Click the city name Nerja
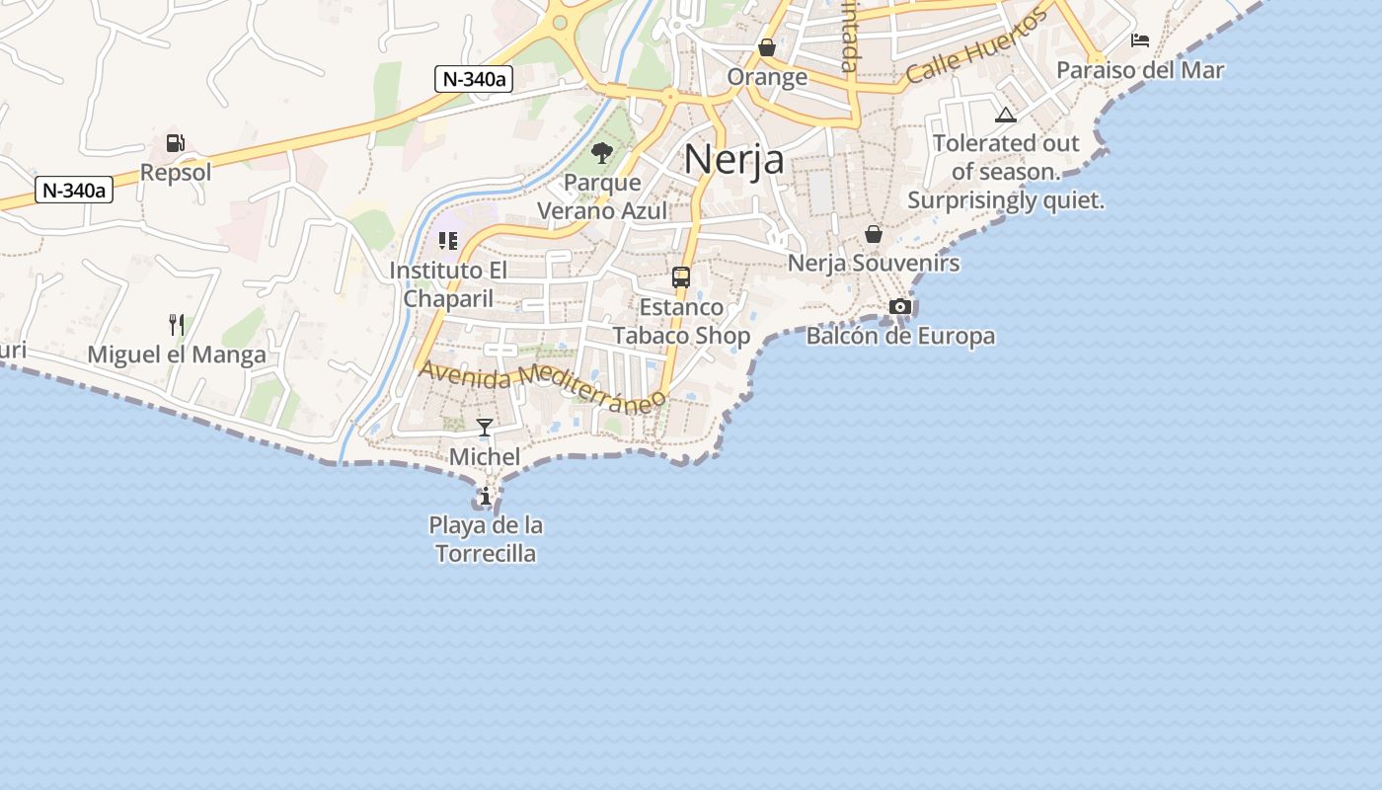734,159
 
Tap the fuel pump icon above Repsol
176,143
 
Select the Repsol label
176,173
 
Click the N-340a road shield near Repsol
74,190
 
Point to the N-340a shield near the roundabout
474,79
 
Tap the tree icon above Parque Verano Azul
602,153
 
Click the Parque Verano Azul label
602,197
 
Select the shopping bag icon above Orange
767,47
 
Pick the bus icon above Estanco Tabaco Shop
681,277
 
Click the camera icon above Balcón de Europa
900,307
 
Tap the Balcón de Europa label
900,337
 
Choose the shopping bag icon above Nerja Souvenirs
874,234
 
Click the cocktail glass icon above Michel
485,428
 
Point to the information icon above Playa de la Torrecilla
486,496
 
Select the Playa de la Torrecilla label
486,539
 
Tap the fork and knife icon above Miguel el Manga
177,324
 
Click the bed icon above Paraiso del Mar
1140,40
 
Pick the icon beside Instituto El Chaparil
448,241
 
